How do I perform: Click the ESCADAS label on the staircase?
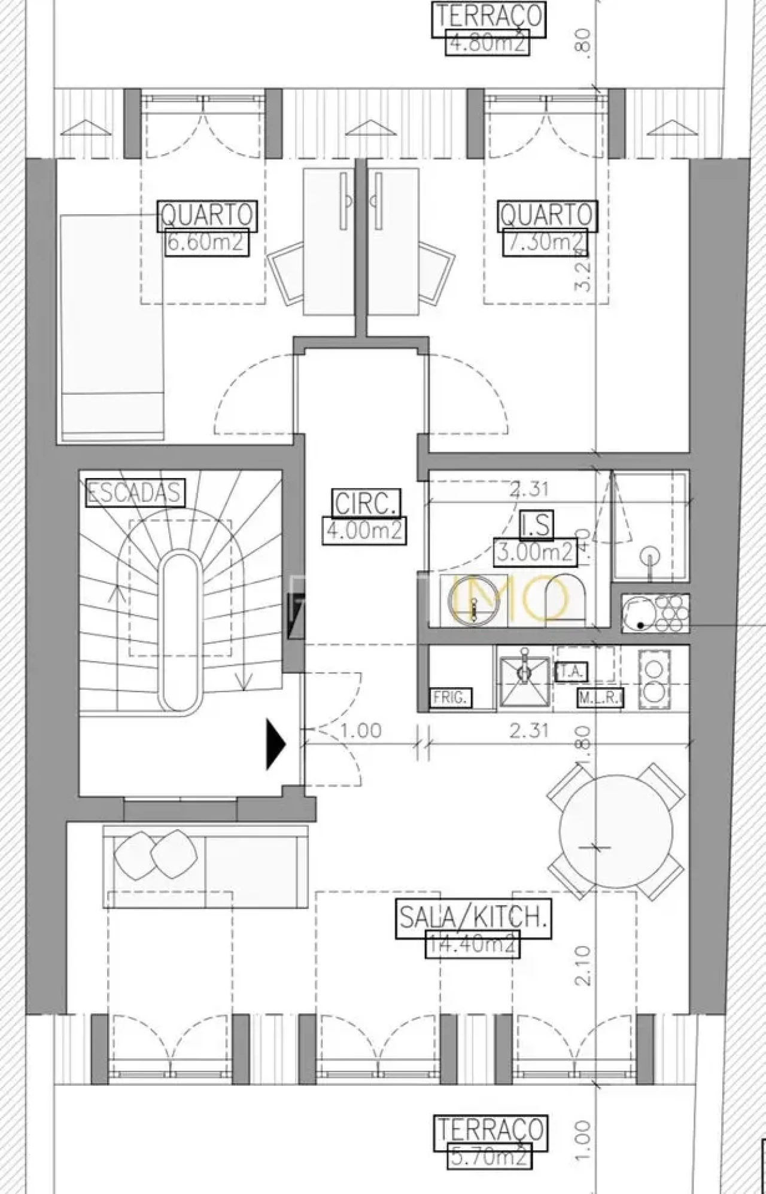pos(135,493)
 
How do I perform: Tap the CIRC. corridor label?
pos(365,503)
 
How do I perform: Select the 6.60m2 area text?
pos(206,243)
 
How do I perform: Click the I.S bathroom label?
pos(536,524)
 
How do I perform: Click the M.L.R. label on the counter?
pos(600,697)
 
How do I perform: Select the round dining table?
pos(616,831)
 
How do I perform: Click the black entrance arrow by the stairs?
pos(276,744)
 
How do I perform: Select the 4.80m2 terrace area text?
pos(488,43)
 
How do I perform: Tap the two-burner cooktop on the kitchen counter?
pos(653,679)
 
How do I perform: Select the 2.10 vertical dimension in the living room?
pos(584,964)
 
